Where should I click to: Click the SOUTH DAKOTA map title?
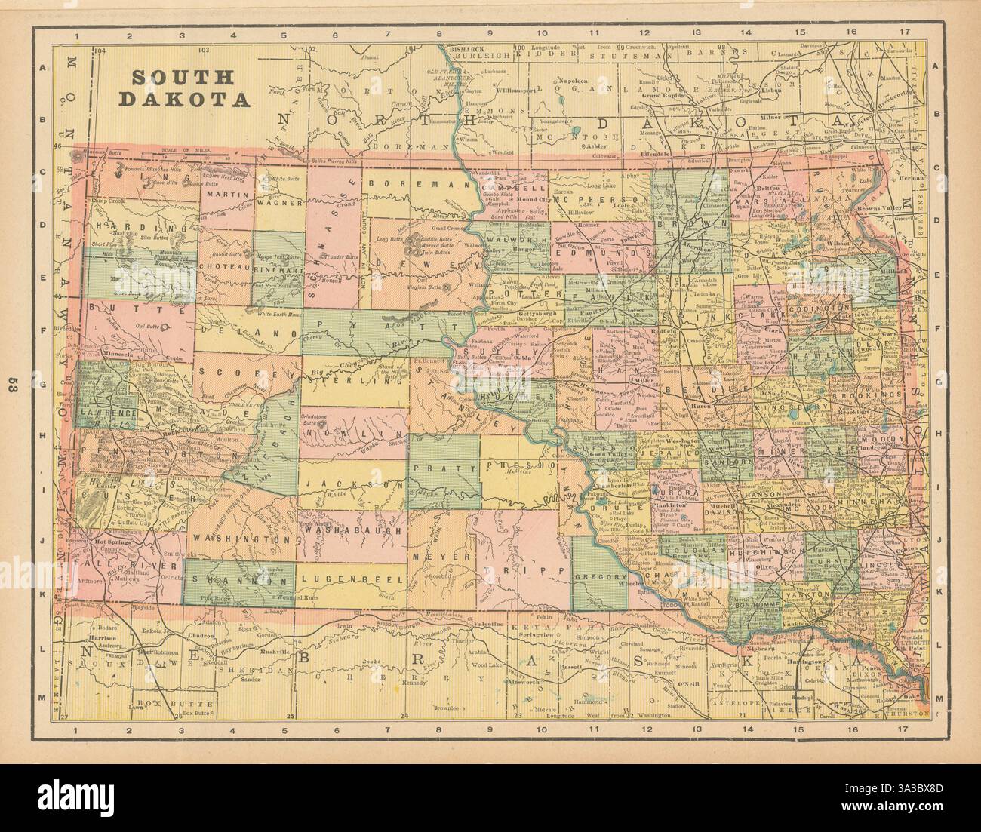click(184, 87)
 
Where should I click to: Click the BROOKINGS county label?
click(875, 394)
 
